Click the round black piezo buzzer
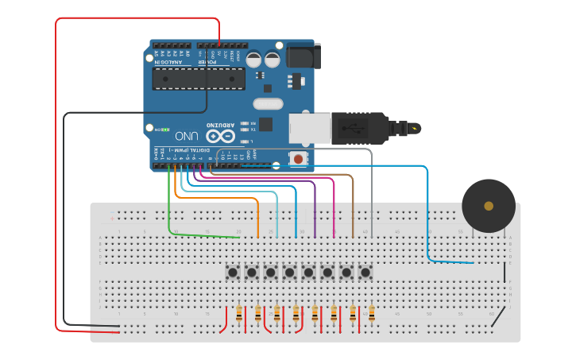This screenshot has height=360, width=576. click(x=489, y=206)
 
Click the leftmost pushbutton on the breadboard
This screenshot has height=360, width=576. click(x=233, y=273)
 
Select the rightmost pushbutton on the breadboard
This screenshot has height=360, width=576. click(x=365, y=273)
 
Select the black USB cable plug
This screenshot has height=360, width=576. click(x=358, y=127)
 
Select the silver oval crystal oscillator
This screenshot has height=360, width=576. click(x=268, y=103)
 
